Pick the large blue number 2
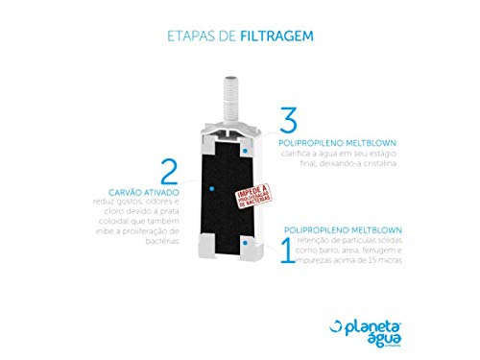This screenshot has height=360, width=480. pos(169,172)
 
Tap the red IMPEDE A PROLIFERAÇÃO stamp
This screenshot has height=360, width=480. pos(260,196)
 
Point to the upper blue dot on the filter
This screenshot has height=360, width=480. pos(246,152)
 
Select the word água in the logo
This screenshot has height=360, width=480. pos(421,323)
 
